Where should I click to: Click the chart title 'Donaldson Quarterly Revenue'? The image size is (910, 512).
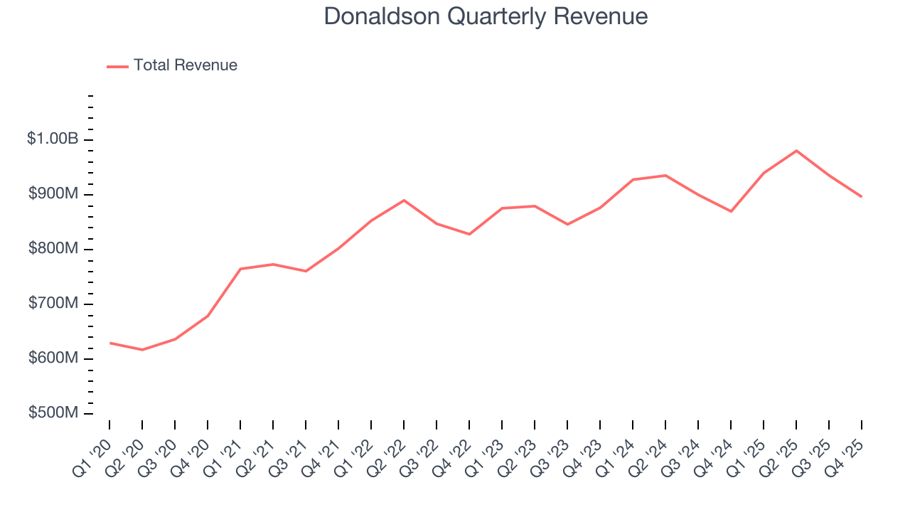[486, 16]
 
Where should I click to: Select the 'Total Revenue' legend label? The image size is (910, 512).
[185, 65]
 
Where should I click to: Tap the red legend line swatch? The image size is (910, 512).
[117, 66]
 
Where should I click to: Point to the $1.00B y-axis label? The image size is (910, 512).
[53, 139]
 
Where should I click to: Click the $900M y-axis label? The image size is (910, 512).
[53, 194]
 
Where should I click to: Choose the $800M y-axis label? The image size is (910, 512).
[53, 249]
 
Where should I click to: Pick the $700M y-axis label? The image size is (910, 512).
[53, 304]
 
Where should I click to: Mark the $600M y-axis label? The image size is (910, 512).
[53, 358]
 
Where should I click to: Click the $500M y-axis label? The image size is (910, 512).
[53, 413]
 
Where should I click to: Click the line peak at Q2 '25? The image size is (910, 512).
[796, 151]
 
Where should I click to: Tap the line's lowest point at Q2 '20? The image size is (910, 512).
[142, 350]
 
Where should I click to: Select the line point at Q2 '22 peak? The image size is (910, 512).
[404, 201]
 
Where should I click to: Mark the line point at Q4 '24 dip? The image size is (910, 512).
[731, 211]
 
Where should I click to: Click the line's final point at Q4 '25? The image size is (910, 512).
[862, 197]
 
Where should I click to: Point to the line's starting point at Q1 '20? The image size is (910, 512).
[109, 343]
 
